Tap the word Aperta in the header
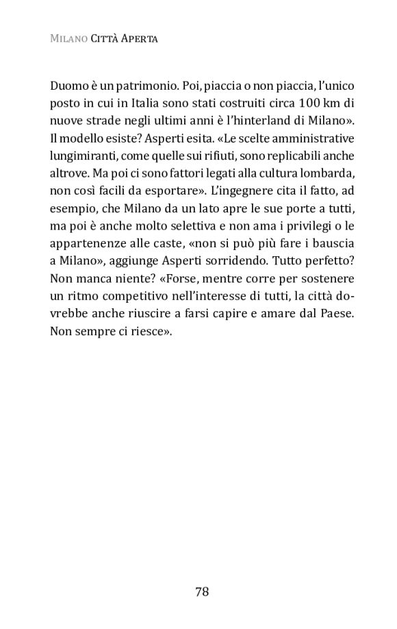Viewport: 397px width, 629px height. [x=140, y=40]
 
